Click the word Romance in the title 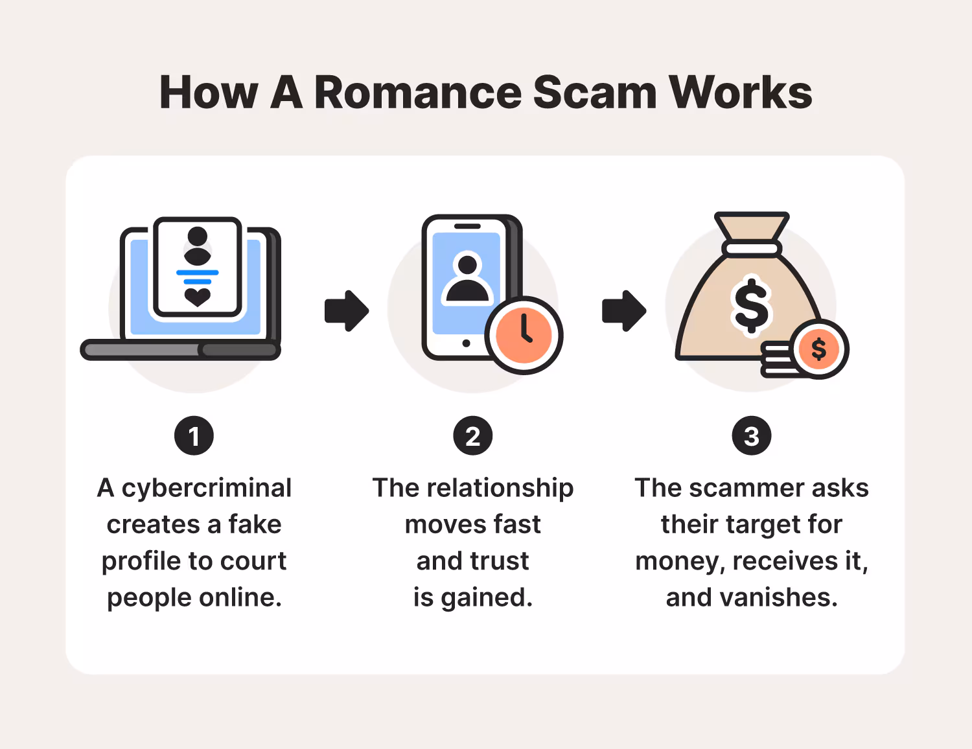click(417, 93)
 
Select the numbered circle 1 click(194, 436)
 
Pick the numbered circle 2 click(472, 436)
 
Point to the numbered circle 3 click(751, 436)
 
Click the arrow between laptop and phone click(347, 311)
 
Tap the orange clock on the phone click(524, 335)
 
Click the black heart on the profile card click(198, 297)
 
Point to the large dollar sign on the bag click(751, 305)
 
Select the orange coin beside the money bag click(819, 349)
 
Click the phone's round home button click(466, 343)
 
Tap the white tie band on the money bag click(752, 248)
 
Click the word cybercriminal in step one click(207, 488)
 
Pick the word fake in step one click(255, 524)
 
